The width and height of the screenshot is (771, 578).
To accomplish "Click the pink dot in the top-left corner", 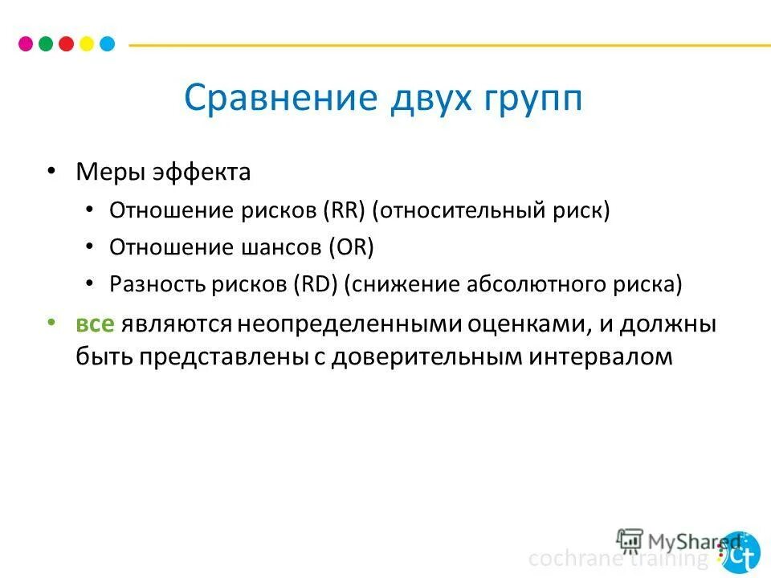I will (25, 43).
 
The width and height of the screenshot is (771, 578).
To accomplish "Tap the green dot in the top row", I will (46, 43).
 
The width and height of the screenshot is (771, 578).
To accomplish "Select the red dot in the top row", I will (67, 43).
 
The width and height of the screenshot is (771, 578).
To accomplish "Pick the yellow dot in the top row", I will (87, 43).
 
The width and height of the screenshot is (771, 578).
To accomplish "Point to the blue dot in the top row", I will (107, 43).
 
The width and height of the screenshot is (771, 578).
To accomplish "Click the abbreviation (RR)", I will (345, 210).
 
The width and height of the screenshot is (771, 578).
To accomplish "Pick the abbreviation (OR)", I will (351, 247).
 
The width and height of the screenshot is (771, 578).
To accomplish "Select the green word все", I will (96, 324).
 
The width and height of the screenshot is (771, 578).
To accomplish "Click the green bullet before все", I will (51, 322).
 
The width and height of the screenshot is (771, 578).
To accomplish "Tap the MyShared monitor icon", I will (630, 539).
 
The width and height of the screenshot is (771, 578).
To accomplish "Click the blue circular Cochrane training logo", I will (739, 552).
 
